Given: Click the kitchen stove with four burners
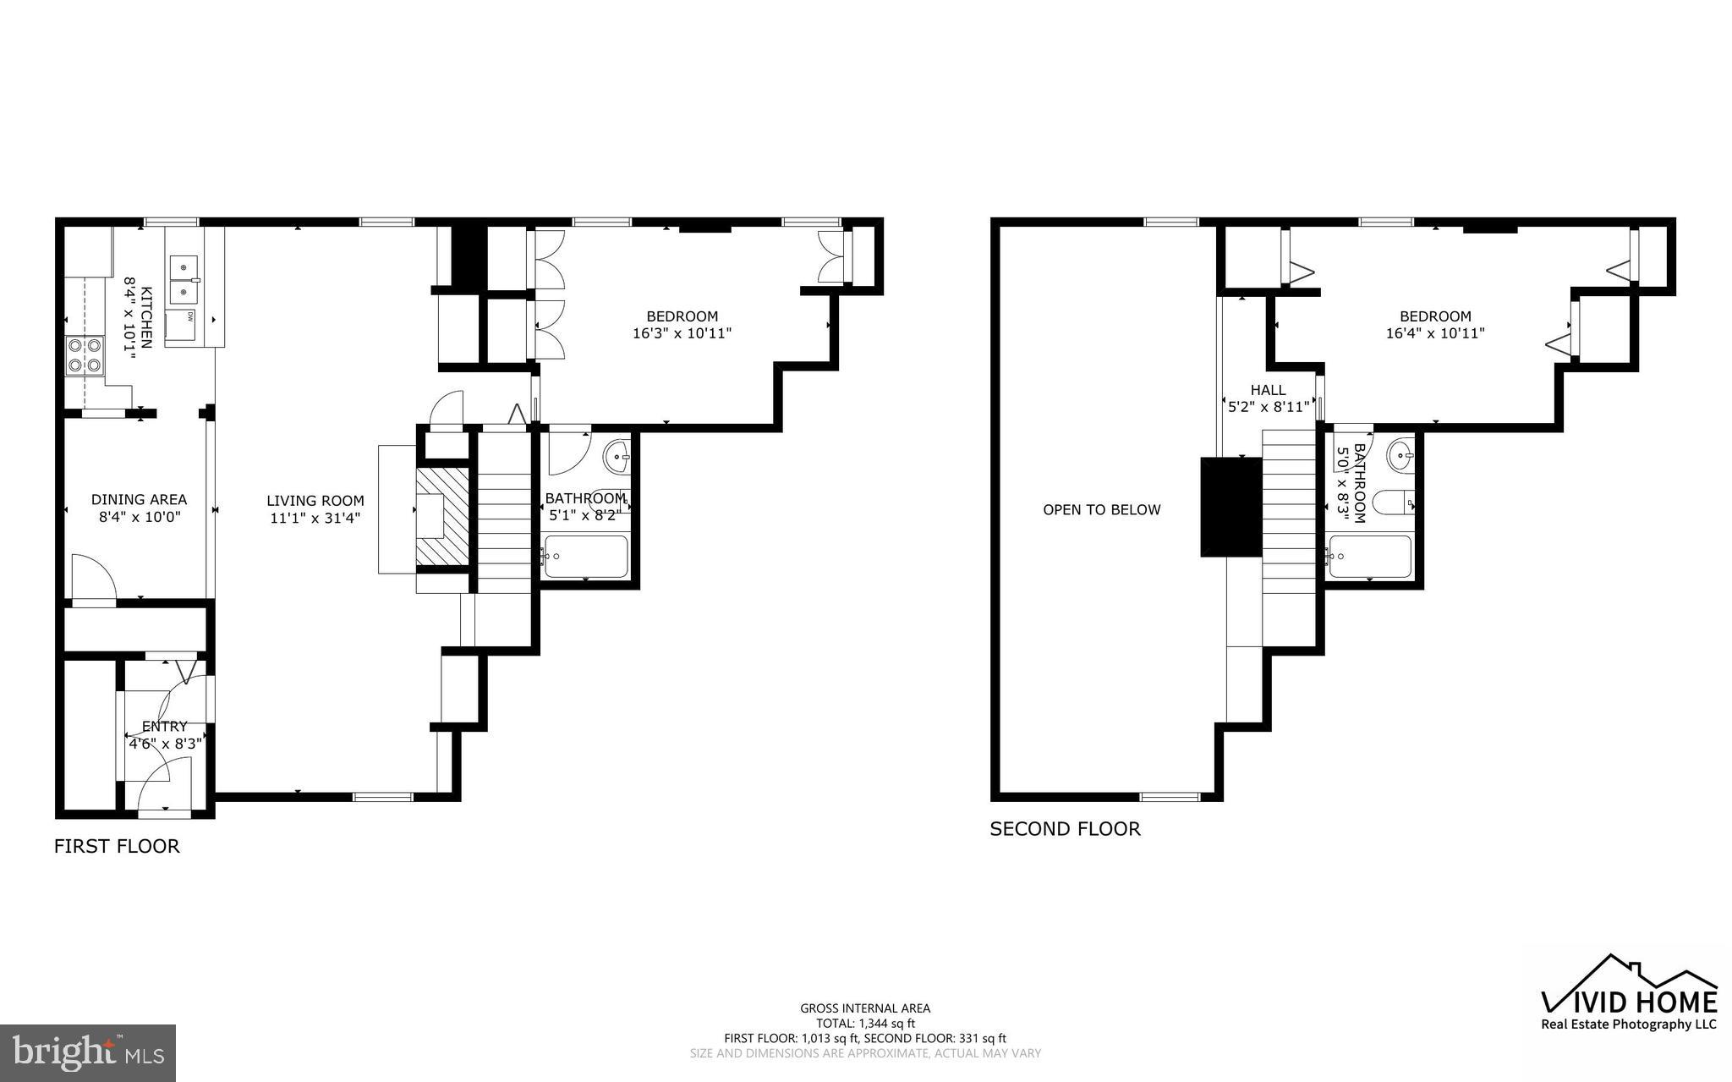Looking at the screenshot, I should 85,355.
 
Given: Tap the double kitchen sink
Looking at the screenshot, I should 184,280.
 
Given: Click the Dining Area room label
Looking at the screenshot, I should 139,500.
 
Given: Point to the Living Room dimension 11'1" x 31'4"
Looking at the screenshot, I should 315,519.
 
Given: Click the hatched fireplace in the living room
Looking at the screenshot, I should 442,515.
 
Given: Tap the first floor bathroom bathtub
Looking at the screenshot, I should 585,556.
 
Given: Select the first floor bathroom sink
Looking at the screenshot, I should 617,457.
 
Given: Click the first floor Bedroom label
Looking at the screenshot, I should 682,316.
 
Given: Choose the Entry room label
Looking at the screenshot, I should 165,727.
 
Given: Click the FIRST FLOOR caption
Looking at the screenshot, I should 117,846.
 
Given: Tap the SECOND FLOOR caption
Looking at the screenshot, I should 1065,829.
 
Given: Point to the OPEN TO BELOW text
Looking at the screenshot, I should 1101,510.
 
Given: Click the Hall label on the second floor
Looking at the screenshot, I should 1268,390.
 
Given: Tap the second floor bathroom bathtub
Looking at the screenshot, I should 1369,557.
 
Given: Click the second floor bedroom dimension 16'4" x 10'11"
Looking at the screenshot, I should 1434,333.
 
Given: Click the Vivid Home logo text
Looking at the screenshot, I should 1629,1002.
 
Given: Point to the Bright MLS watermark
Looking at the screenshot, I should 88,1052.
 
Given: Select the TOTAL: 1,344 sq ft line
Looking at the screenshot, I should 865,1023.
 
